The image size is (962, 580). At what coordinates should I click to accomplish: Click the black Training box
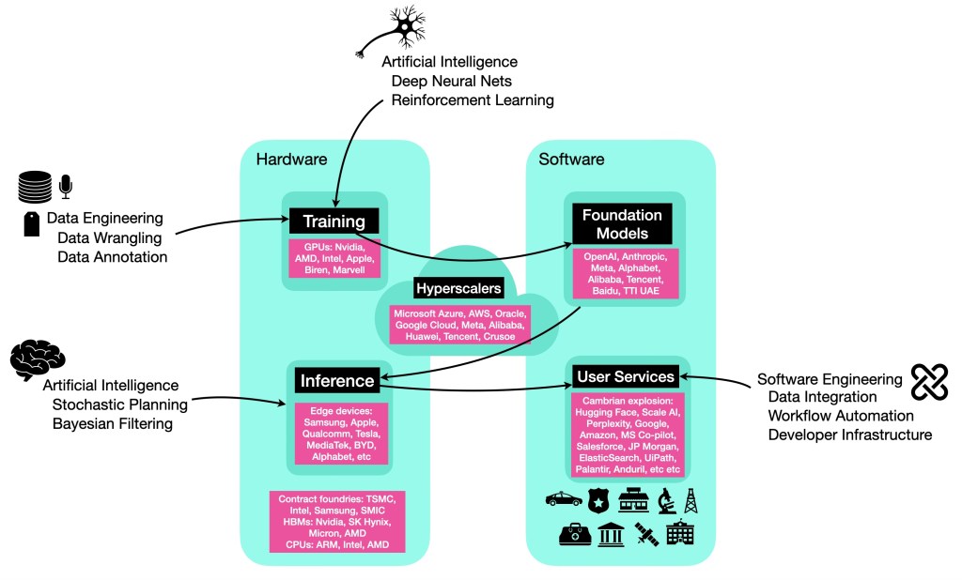click(334, 221)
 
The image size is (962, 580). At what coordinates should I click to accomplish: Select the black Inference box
click(337, 381)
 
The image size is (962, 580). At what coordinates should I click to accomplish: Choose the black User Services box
click(626, 376)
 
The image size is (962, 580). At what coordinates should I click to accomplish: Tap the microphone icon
click(66, 185)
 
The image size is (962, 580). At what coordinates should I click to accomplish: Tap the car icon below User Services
click(563, 500)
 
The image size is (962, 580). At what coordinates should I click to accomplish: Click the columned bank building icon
click(612, 536)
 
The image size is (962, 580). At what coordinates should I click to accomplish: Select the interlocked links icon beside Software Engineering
click(928, 381)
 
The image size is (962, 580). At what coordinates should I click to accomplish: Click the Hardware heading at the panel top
click(291, 159)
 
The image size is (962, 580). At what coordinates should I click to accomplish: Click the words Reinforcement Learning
click(473, 99)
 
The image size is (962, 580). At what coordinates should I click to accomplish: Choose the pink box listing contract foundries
click(337, 521)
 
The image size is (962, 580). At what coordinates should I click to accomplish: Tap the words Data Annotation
click(113, 256)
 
